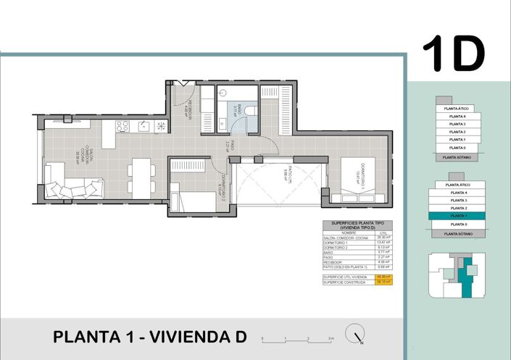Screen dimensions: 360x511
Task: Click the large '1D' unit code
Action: (454, 53)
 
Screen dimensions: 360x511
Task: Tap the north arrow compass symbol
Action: (355, 334)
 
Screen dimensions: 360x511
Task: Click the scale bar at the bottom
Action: (298, 338)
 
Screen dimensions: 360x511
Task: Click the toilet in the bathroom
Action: (250, 109)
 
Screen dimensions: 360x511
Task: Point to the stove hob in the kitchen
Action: (122, 126)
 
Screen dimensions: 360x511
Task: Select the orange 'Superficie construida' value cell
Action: (386, 283)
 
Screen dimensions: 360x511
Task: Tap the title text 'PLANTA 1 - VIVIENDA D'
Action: (150, 337)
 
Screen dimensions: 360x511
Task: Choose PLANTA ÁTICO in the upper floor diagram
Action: (457, 108)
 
